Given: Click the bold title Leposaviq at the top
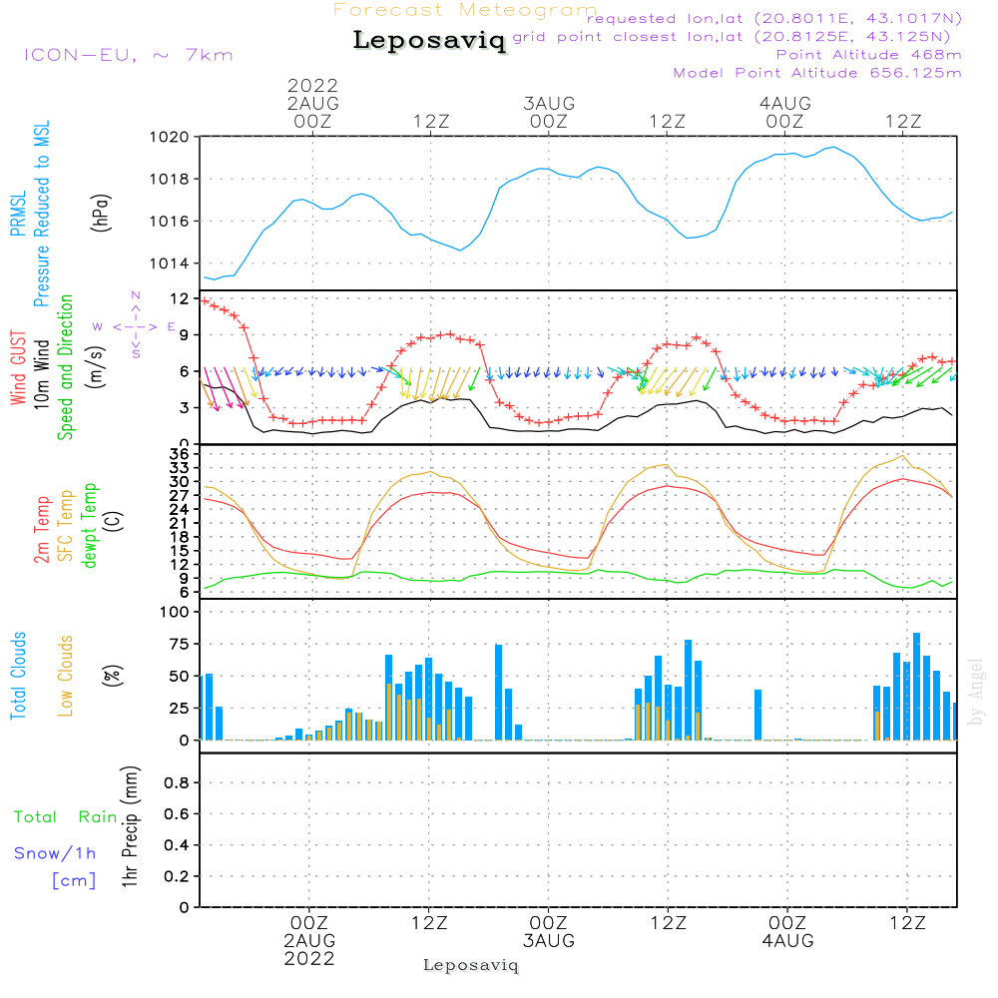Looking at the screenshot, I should click(429, 41).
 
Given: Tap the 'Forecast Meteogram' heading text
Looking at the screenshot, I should click(465, 10).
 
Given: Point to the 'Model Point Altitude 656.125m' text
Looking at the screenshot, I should click(817, 73).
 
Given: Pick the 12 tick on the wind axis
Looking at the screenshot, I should click(180, 298).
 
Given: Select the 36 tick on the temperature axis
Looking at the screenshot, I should click(180, 454).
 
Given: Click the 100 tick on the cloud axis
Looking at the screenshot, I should click(175, 613).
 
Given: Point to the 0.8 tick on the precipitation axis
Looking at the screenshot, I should click(176, 783).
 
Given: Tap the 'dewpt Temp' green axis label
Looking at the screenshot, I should click(90, 526).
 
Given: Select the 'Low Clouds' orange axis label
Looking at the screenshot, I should click(67, 676).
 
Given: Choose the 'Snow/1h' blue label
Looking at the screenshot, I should click(56, 853).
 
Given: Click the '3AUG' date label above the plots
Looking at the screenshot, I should click(548, 103).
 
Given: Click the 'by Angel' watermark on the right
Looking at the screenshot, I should click(977, 691).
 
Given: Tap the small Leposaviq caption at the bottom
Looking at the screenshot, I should click(471, 965).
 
